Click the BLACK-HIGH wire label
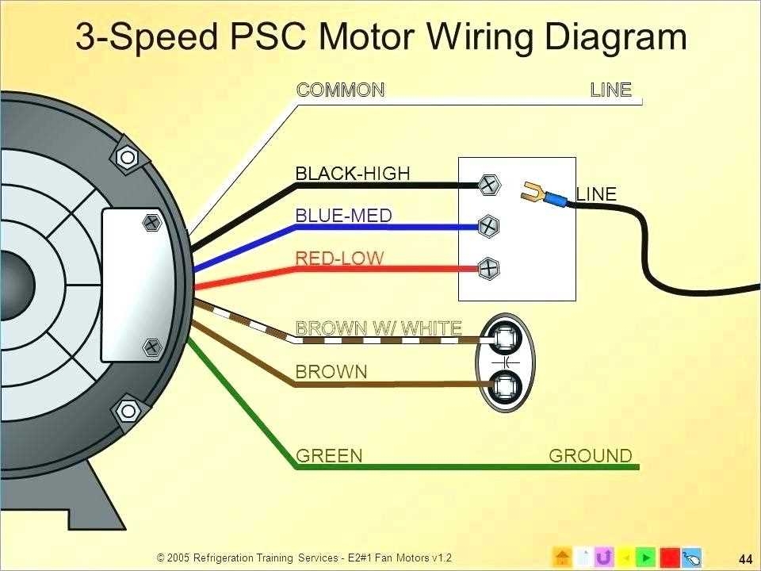pos(352,173)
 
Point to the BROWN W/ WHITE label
pos(378,328)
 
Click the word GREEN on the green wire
pos(329,456)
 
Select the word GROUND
pos(591,456)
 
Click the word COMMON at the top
pos(340,90)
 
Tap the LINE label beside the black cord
pos(596,194)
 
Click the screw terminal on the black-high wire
pos(490,186)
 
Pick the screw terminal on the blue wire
pos(490,227)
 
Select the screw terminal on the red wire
pos(490,269)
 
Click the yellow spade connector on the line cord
pos(535,191)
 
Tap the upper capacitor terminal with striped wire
pos(503,339)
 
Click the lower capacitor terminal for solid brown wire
pos(503,388)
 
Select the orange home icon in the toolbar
pos(561,557)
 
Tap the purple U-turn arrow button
pos(603,557)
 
